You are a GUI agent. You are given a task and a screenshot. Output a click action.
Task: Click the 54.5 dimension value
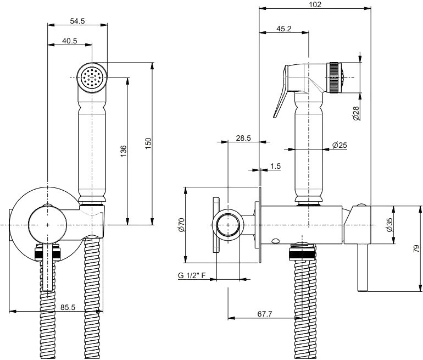(77, 21)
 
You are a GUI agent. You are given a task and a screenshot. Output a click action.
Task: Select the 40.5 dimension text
(70, 41)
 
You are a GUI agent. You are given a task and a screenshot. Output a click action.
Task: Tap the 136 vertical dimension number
(123, 151)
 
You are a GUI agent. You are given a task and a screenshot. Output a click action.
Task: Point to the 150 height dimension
(148, 144)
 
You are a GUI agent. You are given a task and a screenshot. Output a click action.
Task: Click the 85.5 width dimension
(68, 307)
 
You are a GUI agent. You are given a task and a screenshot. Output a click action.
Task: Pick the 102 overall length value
(315, 4)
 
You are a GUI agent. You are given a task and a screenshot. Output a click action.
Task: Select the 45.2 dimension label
(284, 29)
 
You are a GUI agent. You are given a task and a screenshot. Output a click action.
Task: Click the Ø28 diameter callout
(356, 113)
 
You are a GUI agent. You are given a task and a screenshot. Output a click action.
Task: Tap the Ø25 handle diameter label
(339, 145)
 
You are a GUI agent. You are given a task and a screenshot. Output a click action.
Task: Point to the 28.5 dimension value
(243, 138)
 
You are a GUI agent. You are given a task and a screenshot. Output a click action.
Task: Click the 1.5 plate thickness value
(275, 166)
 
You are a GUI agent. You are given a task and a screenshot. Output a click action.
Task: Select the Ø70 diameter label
(181, 225)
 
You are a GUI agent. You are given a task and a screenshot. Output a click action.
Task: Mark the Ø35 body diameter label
(389, 225)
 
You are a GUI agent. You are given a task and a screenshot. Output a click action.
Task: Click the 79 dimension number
(416, 248)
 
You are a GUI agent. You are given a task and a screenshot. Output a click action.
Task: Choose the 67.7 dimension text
(265, 314)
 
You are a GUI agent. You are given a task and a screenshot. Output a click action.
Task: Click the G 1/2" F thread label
(192, 275)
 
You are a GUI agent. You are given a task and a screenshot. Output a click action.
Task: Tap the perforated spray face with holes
(92, 78)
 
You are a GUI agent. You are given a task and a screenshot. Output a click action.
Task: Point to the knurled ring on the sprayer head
(333, 77)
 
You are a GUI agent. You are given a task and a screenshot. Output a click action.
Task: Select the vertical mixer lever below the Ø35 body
(363, 267)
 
